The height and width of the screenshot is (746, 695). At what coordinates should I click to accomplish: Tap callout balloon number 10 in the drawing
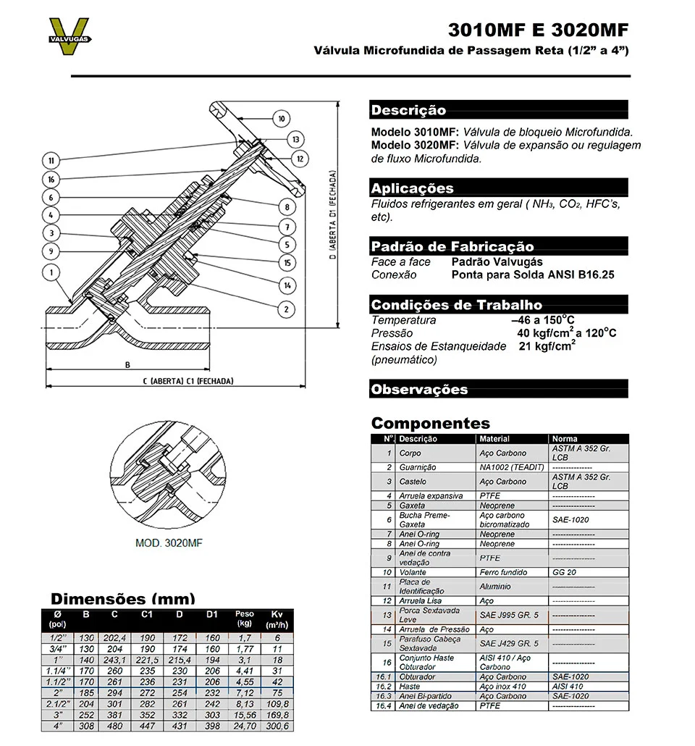tap(281, 118)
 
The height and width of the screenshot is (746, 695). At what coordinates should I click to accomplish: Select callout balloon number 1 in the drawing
tap(51, 272)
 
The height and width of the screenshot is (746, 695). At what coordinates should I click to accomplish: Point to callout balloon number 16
tap(51, 179)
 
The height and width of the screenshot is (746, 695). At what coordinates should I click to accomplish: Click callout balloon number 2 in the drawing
tap(286, 309)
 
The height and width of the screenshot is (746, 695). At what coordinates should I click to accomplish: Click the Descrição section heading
tap(409, 111)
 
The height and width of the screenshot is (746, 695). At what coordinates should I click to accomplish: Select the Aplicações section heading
tap(412, 188)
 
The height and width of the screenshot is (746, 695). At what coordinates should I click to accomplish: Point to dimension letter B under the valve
tap(127, 364)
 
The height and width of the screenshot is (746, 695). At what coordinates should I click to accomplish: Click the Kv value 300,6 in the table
tap(277, 726)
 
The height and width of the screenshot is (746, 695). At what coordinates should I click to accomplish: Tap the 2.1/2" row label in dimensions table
tap(56, 704)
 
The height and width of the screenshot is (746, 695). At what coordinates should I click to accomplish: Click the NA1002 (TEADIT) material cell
tap(511, 467)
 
